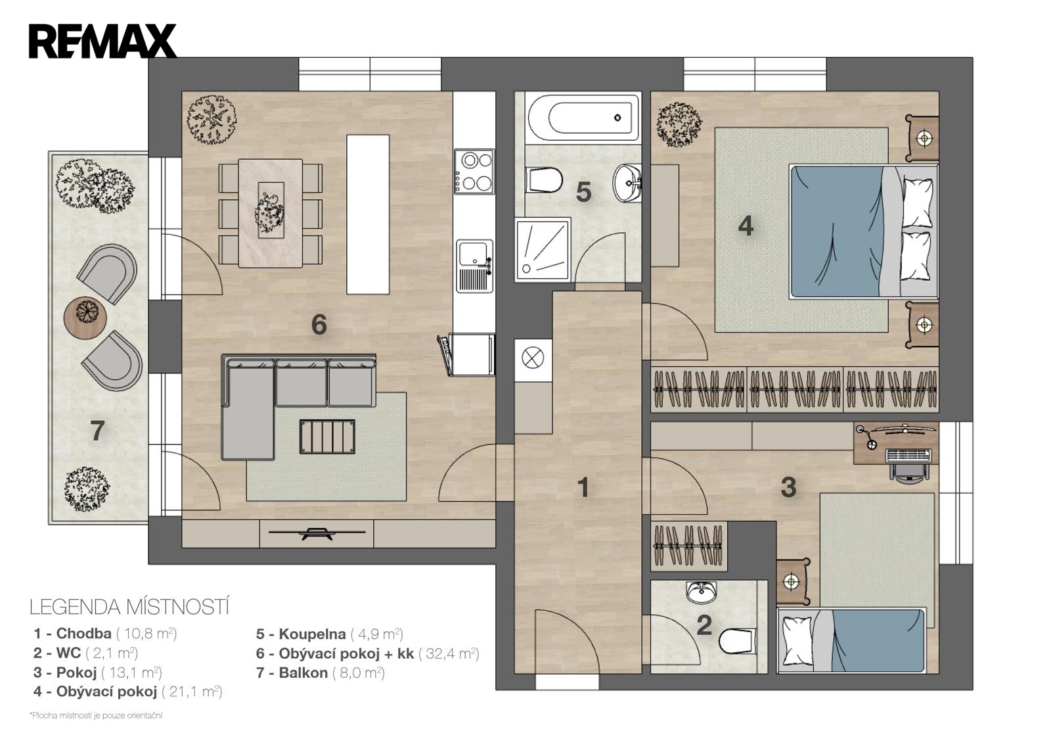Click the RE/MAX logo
(102, 41)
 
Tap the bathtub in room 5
(583, 118)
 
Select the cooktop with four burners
(474, 172)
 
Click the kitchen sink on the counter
(474, 266)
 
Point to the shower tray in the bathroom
(543, 249)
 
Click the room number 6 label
(319, 324)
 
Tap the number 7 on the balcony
(97, 431)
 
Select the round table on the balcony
(85, 318)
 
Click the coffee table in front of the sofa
(328, 437)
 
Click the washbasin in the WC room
(702, 592)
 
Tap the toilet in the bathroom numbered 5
(545, 180)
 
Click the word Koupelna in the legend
(312, 634)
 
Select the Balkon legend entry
(321, 673)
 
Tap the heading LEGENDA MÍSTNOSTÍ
(129, 608)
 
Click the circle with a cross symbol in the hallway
(533, 358)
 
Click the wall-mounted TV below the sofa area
(317, 533)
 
